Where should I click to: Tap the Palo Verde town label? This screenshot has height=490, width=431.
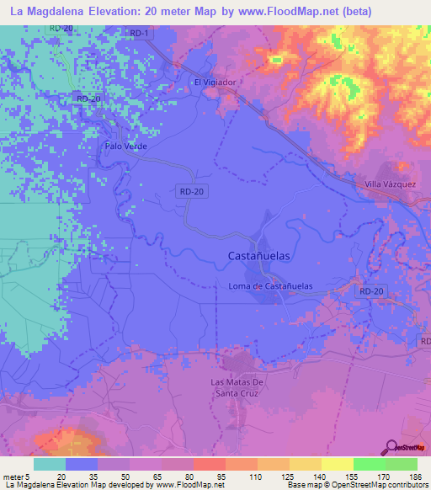pos(126,146)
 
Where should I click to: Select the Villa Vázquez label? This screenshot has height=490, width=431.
pos(391,184)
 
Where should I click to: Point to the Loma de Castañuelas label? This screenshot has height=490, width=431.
pos(270,286)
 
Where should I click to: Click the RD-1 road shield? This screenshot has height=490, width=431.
pos(140,34)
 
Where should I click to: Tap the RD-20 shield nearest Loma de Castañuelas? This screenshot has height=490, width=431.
pos(370,290)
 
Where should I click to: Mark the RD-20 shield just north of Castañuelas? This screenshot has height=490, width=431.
pos(192,192)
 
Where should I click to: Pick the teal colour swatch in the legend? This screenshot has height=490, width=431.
pos(50,463)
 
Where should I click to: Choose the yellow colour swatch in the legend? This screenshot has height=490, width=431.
pos(338,463)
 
